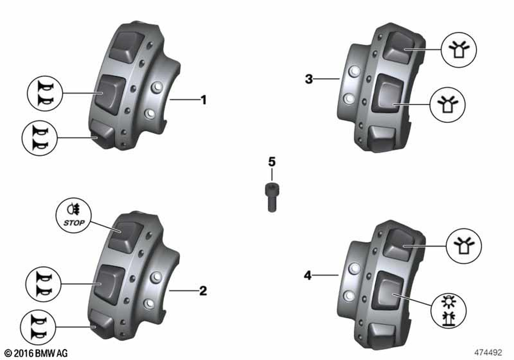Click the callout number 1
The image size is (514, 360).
[204, 100]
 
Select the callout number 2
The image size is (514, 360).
[203, 291]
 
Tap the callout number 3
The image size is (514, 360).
[309, 79]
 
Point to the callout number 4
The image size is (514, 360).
[307, 276]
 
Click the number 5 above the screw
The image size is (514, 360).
[272, 161]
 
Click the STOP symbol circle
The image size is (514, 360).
[74, 215]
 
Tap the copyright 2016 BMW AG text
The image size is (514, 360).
[36, 353]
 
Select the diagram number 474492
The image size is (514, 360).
[488, 352]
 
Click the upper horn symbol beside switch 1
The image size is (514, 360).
[45, 94]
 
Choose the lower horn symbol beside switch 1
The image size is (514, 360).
[40, 138]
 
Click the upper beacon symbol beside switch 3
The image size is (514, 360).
[458, 50]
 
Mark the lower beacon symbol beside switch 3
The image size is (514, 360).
[448, 105]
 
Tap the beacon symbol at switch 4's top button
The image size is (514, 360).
[464, 246]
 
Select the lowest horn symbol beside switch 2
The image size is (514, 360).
[38, 327]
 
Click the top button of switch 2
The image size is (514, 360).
[125, 237]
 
